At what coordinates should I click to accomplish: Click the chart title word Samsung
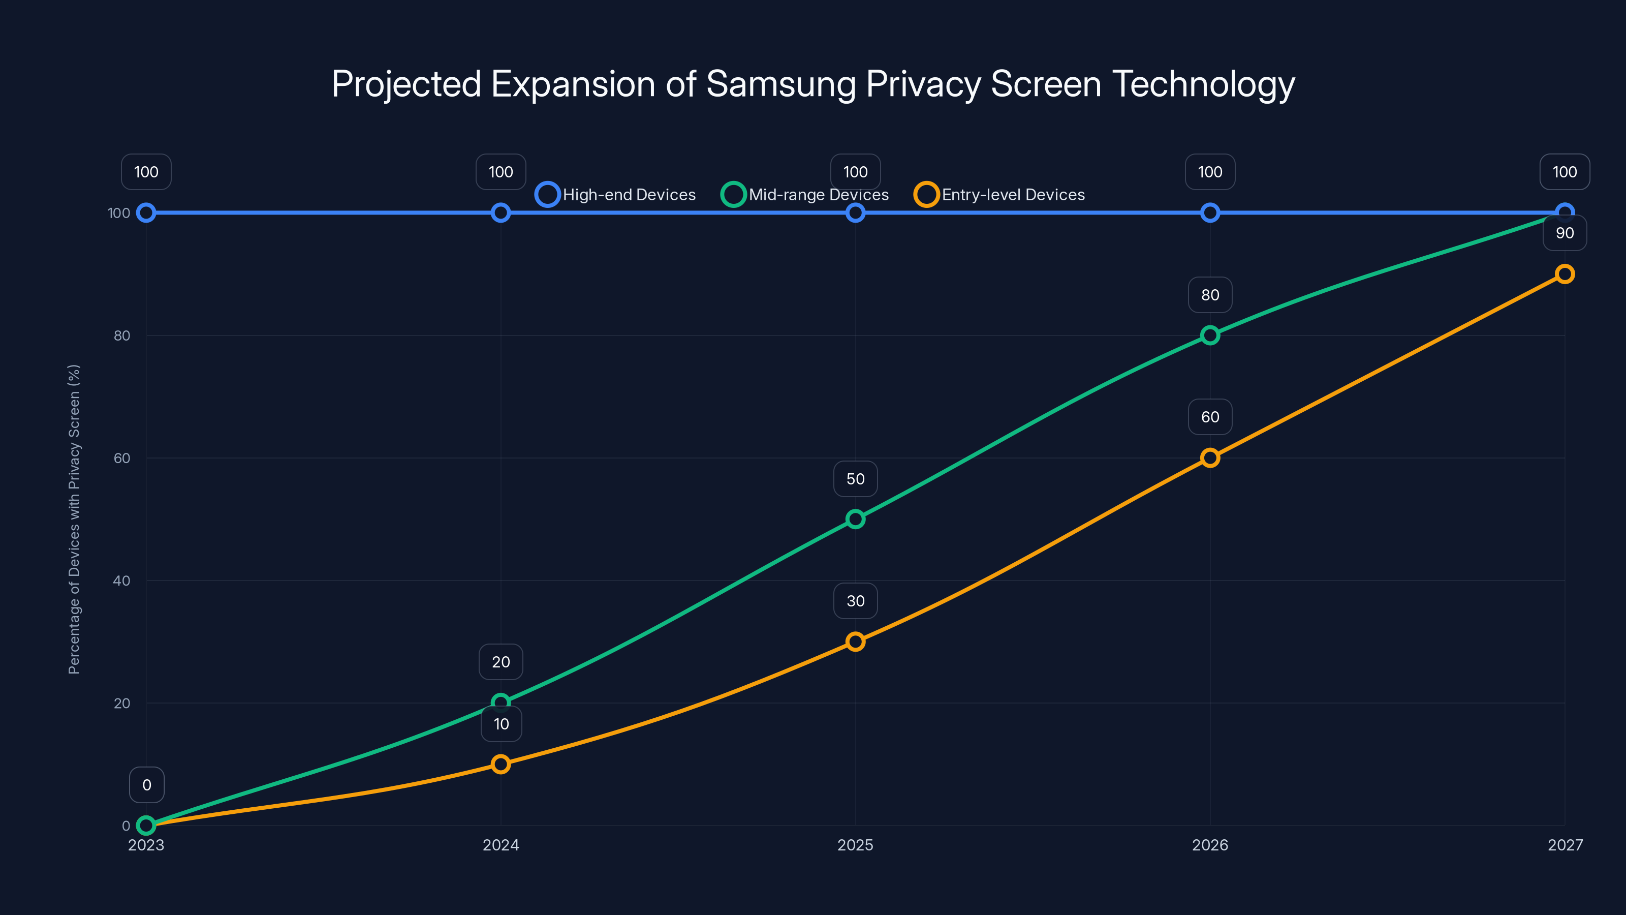[x=780, y=84]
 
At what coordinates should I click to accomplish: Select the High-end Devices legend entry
[x=616, y=195]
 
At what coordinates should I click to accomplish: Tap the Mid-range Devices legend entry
[x=805, y=195]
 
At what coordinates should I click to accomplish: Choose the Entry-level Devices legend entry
[x=1000, y=195]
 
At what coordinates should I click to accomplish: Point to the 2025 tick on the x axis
[x=855, y=845]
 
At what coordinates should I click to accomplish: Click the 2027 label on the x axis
[x=1565, y=845]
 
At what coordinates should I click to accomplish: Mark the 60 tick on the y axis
[x=122, y=459]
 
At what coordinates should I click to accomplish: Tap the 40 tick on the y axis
[x=122, y=581]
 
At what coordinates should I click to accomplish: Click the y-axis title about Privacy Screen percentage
[x=74, y=519]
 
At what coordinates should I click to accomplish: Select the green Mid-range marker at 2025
[x=855, y=519]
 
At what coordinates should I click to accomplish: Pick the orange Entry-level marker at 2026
[x=1210, y=458]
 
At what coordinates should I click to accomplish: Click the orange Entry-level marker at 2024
[x=501, y=764]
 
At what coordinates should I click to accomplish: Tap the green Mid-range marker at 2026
[x=1210, y=335]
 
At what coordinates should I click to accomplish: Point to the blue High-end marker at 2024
[x=501, y=213]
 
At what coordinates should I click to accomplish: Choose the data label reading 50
[x=855, y=479]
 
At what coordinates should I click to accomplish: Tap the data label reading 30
[x=855, y=601]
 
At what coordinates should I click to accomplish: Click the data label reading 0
[x=146, y=785]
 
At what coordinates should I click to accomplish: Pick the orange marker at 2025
[x=855, y=642]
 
